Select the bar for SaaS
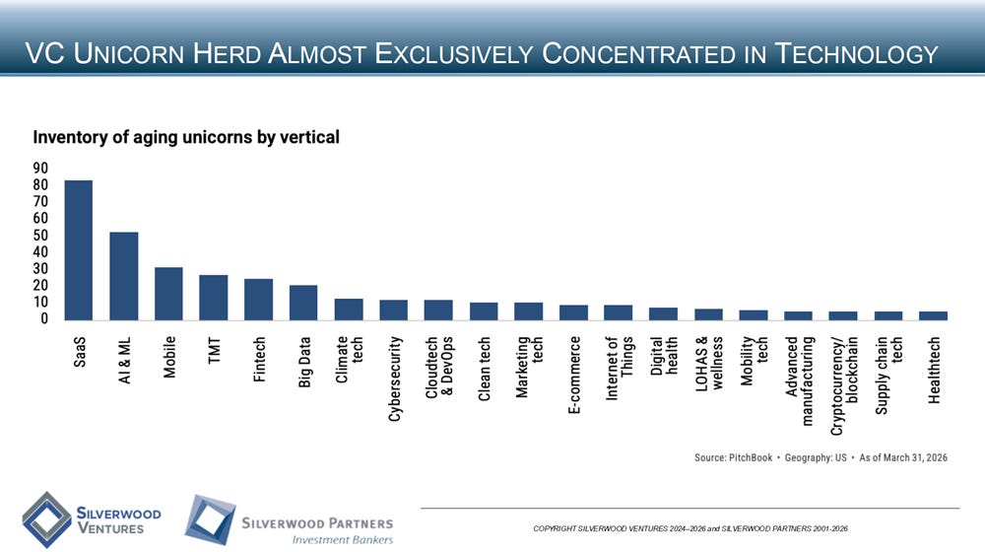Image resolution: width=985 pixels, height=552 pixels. (79, 250)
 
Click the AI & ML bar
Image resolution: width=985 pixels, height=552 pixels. (124, 276)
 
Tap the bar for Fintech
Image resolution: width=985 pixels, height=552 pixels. (258, 300)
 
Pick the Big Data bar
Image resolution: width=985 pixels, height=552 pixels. (303, 303)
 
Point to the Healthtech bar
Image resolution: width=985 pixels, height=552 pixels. (933, 315)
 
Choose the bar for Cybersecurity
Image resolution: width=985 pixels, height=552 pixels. (393, 310)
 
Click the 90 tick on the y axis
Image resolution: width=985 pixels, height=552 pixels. (40, 168)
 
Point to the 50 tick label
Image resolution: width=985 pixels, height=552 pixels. (40, 236)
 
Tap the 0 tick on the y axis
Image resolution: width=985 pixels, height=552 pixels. (44, 318)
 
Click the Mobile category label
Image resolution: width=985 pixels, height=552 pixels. (169, 357)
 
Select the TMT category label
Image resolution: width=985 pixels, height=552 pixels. (214, 350)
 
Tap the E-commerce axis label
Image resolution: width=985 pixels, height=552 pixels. (573, 375)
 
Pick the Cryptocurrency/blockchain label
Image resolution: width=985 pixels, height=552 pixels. (844, 385)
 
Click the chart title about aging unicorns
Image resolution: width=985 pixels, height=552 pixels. (186, 137)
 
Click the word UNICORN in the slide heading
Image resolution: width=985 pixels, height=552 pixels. (129, 53)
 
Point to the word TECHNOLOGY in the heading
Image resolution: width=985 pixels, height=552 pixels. (856, 53)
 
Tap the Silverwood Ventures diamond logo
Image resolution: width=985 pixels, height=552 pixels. (46, 519)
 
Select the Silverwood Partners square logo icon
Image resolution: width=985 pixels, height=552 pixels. (210, 519)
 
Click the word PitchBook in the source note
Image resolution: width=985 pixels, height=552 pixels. (750, 457)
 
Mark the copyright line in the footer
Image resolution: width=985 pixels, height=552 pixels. (690, 528)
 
